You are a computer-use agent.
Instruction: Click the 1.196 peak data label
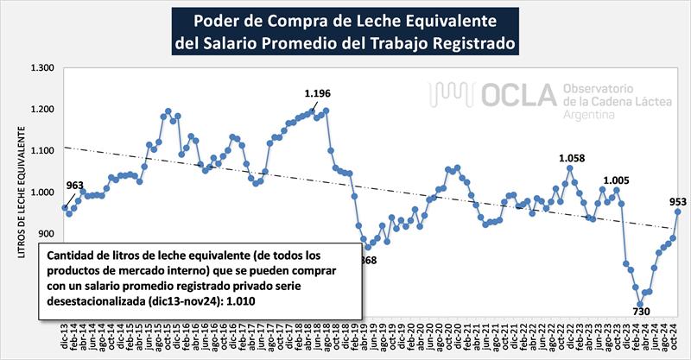pyautogui.click(x=318, y=93)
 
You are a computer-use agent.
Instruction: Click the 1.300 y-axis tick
pyautogui.click(x=41, y=69)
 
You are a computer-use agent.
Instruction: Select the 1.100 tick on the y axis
pyautogui.click(x=41, y=151)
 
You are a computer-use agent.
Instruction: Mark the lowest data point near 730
pyautogui.click(x=641, y=304)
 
